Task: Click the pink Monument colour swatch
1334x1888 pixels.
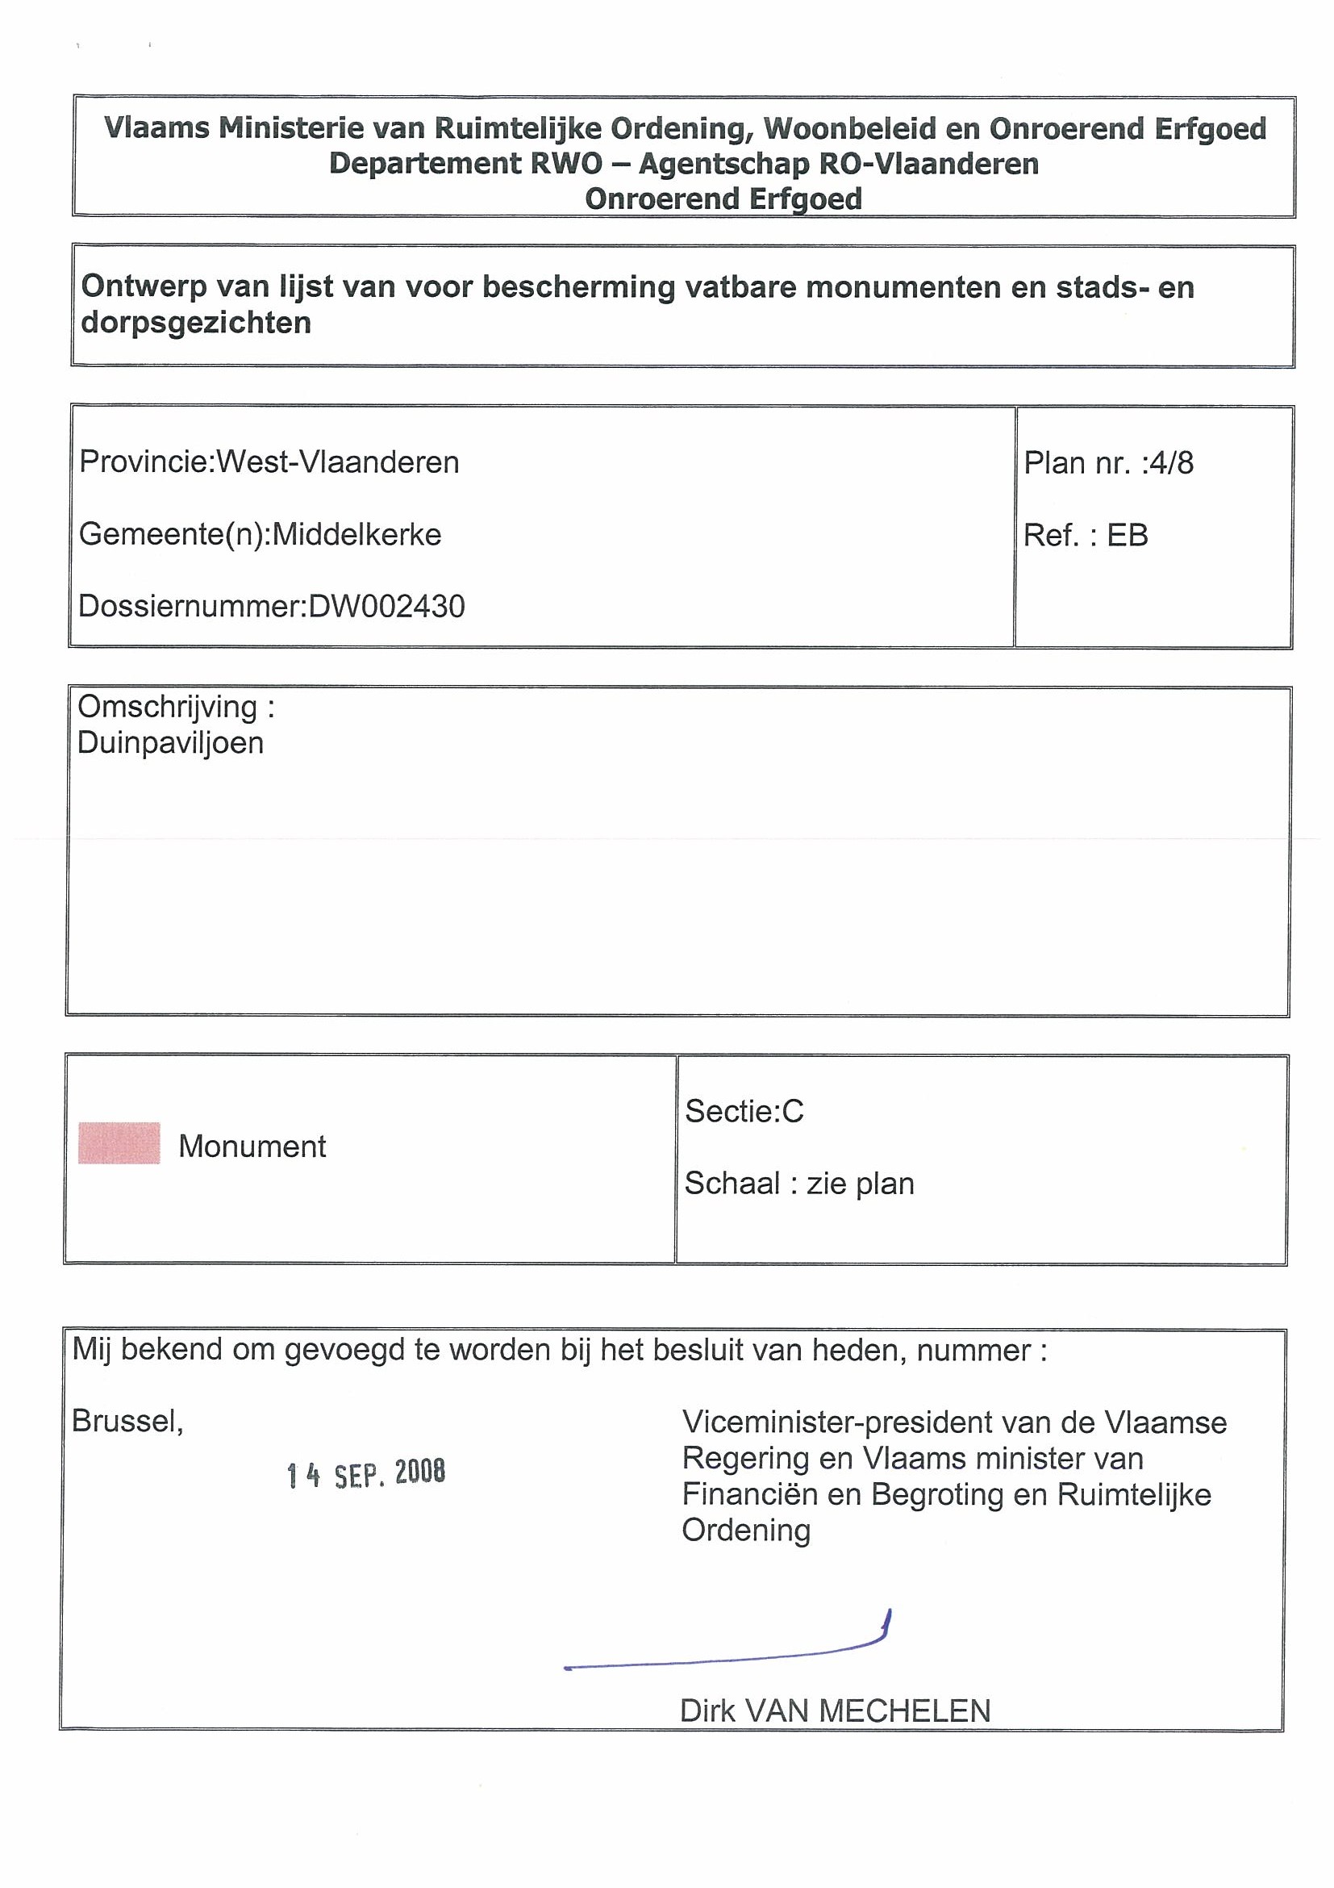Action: (x=119, y=1143)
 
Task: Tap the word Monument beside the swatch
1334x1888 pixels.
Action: (x=252, y=1147)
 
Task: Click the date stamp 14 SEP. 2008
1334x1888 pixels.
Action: (x=367, y=1474)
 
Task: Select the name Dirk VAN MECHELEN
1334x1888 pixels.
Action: (x=835, y=1711)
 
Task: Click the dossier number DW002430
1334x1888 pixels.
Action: (x=387, y=607)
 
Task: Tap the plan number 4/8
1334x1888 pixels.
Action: (x=1171, y=463)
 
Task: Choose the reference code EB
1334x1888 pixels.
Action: (x=1127, y=535)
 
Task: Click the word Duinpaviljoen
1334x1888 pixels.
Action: (x=171, y=743)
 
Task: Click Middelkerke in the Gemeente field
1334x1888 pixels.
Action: (x=356, y=535)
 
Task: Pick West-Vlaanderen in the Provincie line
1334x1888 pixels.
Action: (x=338, y=462)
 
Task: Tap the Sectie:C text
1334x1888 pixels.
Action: (x=744, y=1111)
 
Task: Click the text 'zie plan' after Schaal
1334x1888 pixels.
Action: (x=861, y=1184)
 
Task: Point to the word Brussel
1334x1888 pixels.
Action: (x=127, y=1421)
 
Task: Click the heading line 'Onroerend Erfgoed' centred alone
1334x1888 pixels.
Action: (x=723, y=199)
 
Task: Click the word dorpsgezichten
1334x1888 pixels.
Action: (x=197, y=324)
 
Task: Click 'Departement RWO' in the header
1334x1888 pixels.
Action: (x=466, y=164)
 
